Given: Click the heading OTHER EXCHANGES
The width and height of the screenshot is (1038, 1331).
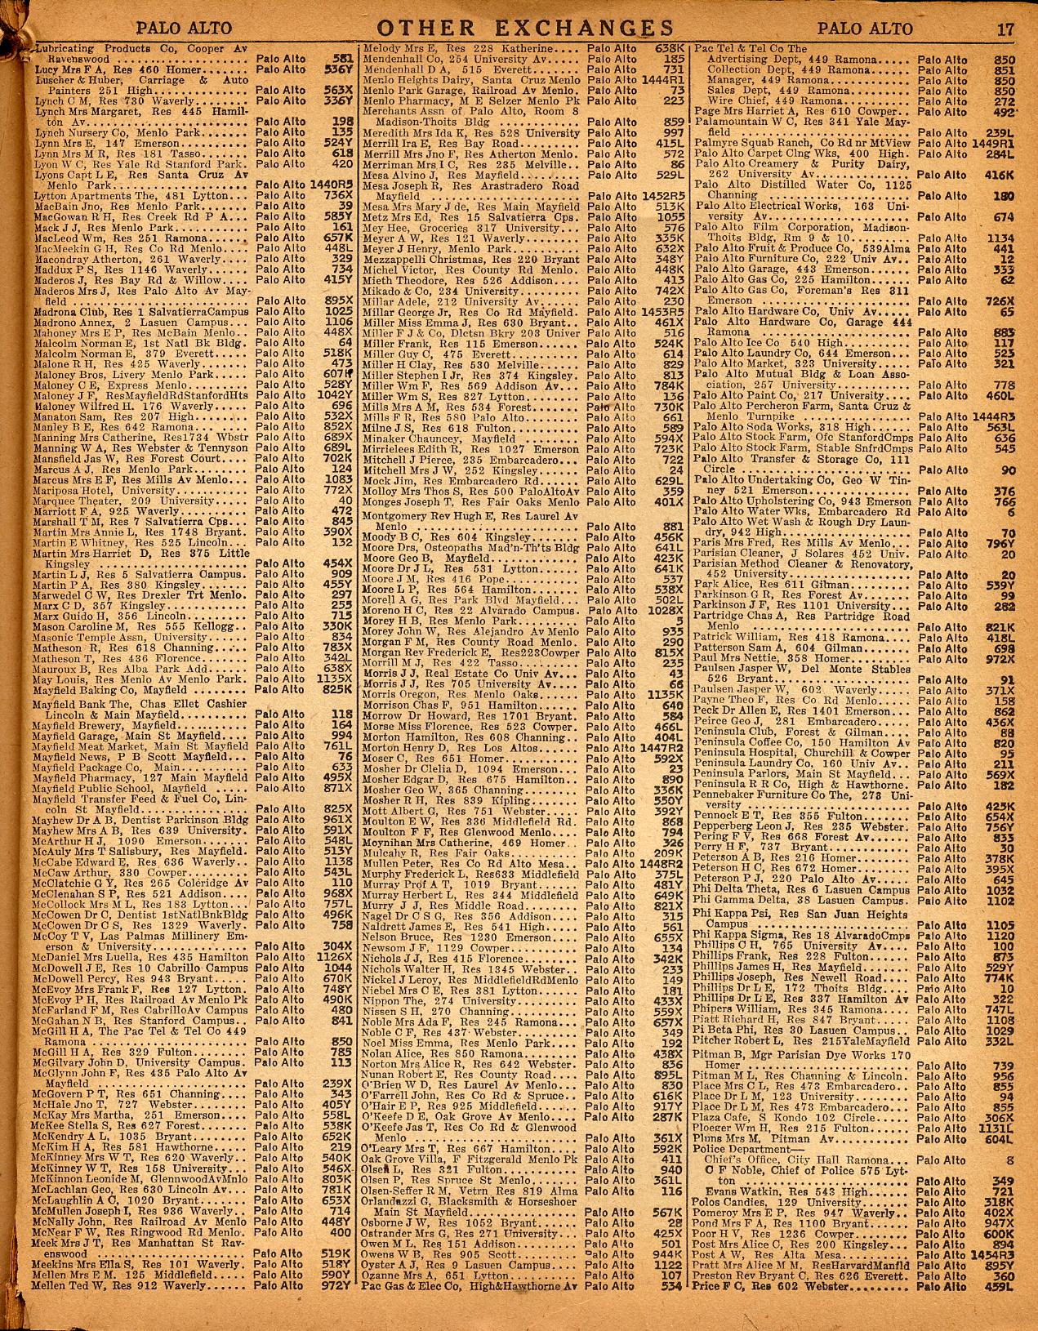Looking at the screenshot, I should point(519,29).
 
